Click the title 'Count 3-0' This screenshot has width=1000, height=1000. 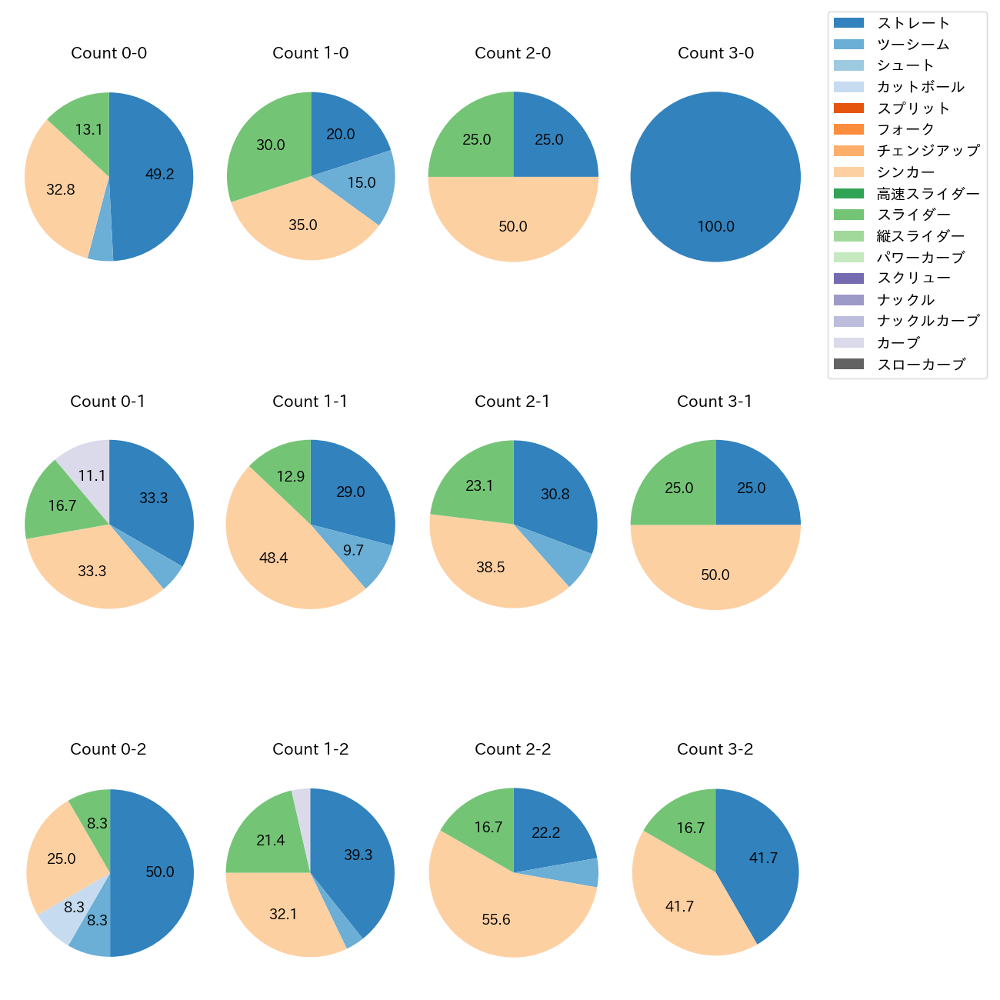[x=715, y=53]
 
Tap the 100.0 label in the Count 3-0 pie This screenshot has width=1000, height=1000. [x=715, y=226]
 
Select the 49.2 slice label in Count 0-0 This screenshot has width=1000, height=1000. [x=160, y=175]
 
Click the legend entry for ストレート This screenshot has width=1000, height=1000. [x=913, y=23]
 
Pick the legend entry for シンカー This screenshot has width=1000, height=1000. [x=905, y=172]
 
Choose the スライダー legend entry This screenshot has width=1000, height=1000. [x=913, y=215]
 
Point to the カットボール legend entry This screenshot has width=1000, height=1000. [x=920, y=87]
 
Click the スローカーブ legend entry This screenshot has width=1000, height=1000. [x=921, y=365]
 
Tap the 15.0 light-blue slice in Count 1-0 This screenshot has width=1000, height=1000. [x=362, y=183]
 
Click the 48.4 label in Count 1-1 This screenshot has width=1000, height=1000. [x=273, y=558]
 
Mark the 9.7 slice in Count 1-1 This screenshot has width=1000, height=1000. [x=354, y=551]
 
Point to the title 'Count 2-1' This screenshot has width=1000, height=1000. [x=512, y=402]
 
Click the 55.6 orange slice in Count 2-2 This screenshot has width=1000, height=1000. [x=496, y=919]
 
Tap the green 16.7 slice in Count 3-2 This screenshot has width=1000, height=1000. [x=691, y=828]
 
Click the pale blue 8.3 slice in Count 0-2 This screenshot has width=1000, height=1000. [x=73, y=908]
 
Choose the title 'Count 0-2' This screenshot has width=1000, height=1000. [x=108, y=749]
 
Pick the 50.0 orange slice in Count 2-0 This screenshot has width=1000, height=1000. [x=513, y=226]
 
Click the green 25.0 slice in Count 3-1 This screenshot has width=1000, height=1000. [x=679, y=488]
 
